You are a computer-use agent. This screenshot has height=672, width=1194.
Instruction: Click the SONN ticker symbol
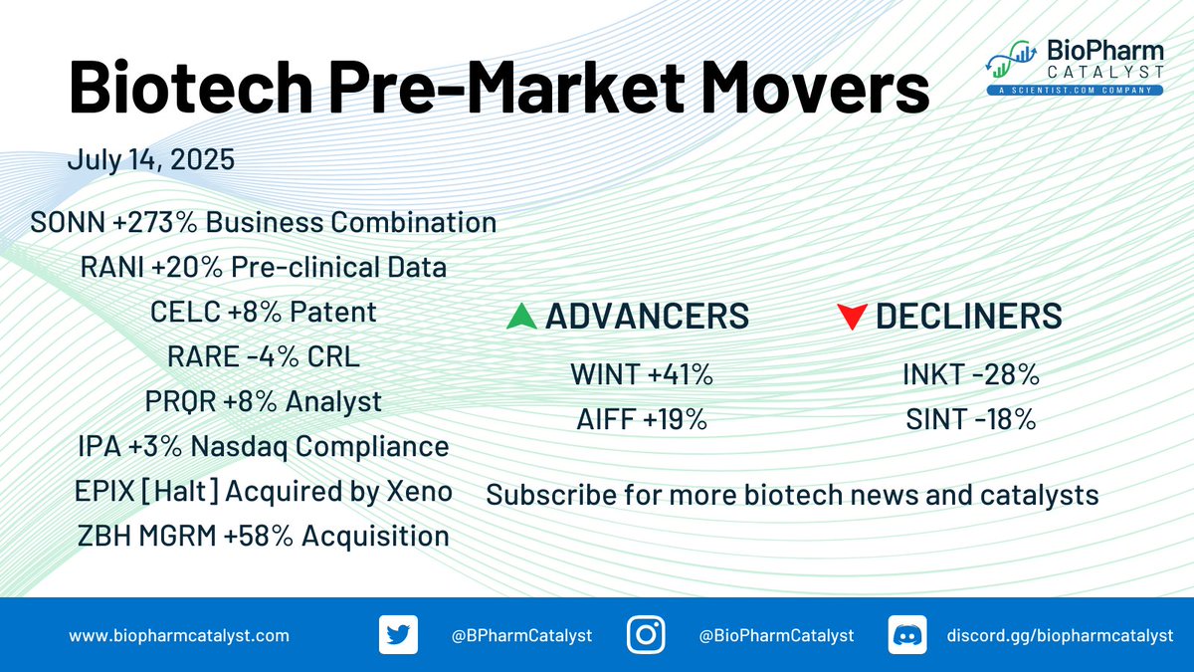tap(68, 222)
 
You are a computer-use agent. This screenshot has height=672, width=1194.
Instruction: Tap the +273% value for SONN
tap(155, 222)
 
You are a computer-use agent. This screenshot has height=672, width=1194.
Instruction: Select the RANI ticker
tap(112, 267)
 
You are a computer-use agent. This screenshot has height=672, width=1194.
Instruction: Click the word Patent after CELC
tap(333, 312)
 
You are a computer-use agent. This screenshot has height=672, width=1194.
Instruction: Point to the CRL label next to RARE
tap(333, 356)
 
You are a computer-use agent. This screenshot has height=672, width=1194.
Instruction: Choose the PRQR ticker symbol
tap(181, 402)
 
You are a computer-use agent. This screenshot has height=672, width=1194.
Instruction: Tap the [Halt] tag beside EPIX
tap(180, 491)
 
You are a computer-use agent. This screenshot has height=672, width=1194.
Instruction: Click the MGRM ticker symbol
tap(177, 536)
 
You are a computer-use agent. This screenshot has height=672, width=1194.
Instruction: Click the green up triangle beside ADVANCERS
tap(521, 316)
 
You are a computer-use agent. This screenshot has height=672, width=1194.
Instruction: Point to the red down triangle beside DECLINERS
tap(852, 317)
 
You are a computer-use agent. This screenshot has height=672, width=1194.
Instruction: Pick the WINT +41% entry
tap(642, 374)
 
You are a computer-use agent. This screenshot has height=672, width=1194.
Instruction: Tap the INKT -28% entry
tap(971, 374)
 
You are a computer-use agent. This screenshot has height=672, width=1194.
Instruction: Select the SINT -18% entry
tap(971, 419)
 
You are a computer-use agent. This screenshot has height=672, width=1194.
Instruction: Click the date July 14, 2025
tap(151, 159)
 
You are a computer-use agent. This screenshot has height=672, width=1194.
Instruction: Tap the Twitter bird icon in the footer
tap(398, 635)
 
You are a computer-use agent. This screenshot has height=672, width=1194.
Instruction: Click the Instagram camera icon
tap(646, 635)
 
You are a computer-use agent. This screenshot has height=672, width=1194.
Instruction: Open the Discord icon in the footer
tap(907, 635)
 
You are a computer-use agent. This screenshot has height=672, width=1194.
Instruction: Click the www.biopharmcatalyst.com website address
tap(179, 636)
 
